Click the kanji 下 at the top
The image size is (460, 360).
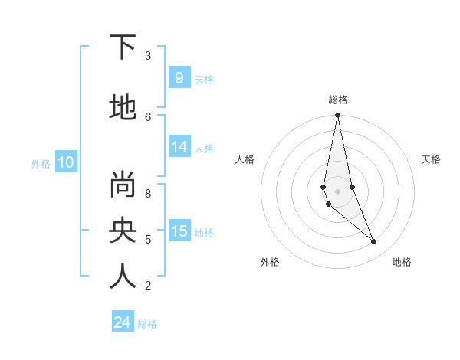tap(123, 48)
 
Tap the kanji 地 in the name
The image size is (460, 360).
tap(123, 109)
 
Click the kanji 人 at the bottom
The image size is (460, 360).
tap(123, 277)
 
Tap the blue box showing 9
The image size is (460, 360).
tap(179, 78)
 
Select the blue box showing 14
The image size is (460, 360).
tap(179, 148)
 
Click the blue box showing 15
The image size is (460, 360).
tap(179, 232)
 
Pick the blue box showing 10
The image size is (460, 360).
tap(66, 162)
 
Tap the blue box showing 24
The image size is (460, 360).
tap(123, 323)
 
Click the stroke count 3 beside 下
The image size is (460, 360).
tap(148, 56)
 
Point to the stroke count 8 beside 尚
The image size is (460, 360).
tap(148, 193)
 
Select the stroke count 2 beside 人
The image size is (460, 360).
tap(148, 286)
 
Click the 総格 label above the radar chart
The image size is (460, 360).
tap(338, 100)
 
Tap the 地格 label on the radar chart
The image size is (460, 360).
tap(402, 262)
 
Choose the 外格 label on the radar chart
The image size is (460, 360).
tap(270, 262)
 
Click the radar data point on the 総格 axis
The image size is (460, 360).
tap(338, 116)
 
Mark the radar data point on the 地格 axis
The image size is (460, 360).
tap(374, 242)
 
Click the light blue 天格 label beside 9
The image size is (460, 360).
tap(204, 79)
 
